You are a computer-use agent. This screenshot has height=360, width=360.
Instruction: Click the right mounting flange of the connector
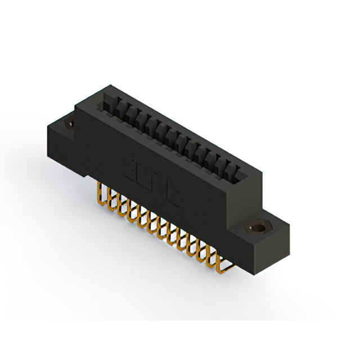[x=264, y=236]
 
